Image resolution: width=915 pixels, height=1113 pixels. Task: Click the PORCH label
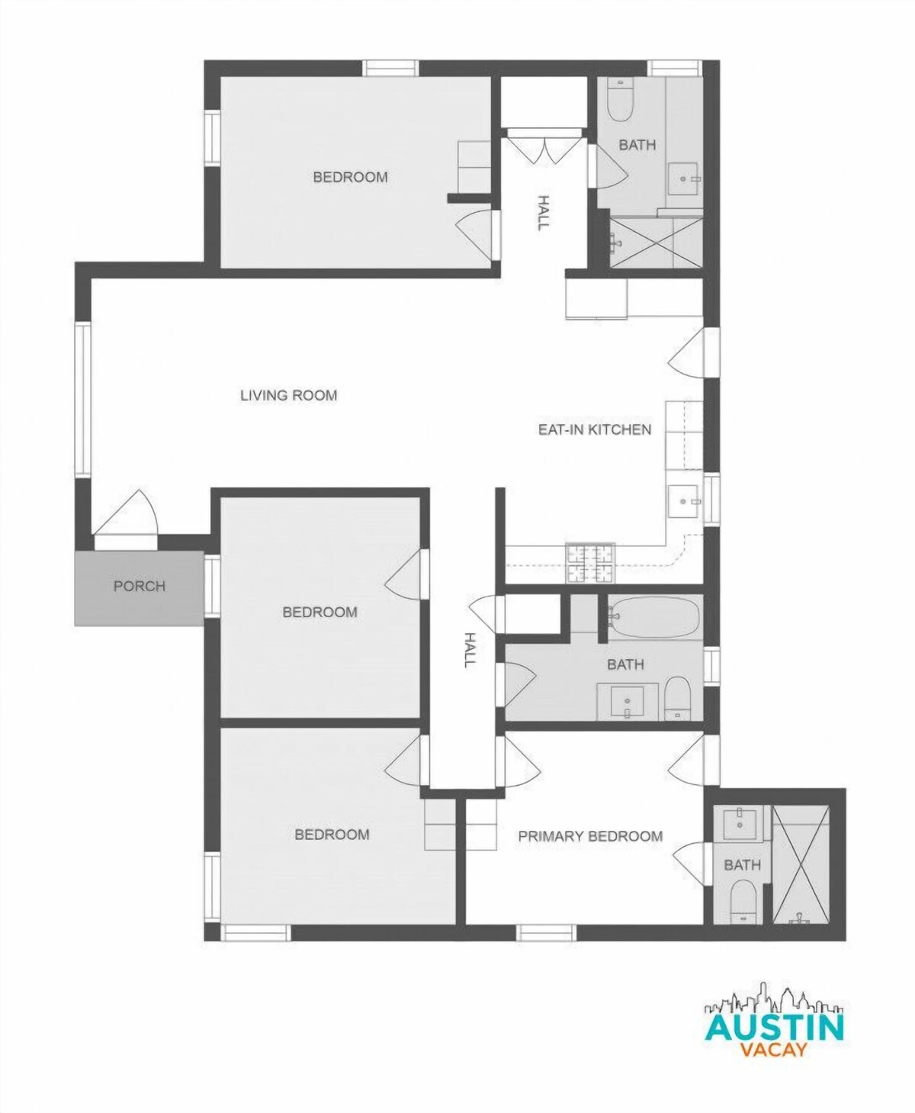coord(140,586)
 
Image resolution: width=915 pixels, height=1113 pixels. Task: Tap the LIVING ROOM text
coord(288,395)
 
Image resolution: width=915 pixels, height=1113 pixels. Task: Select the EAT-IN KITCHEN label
coord(594,429)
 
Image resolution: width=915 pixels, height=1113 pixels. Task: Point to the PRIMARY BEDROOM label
coord(590,836)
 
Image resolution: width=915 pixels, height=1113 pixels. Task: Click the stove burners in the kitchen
coord(590,563)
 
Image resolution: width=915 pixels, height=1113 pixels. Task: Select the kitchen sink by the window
coord(685,501)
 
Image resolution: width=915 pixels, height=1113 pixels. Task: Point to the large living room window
coord(83,400)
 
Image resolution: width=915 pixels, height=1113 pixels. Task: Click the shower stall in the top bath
coord(656,243)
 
